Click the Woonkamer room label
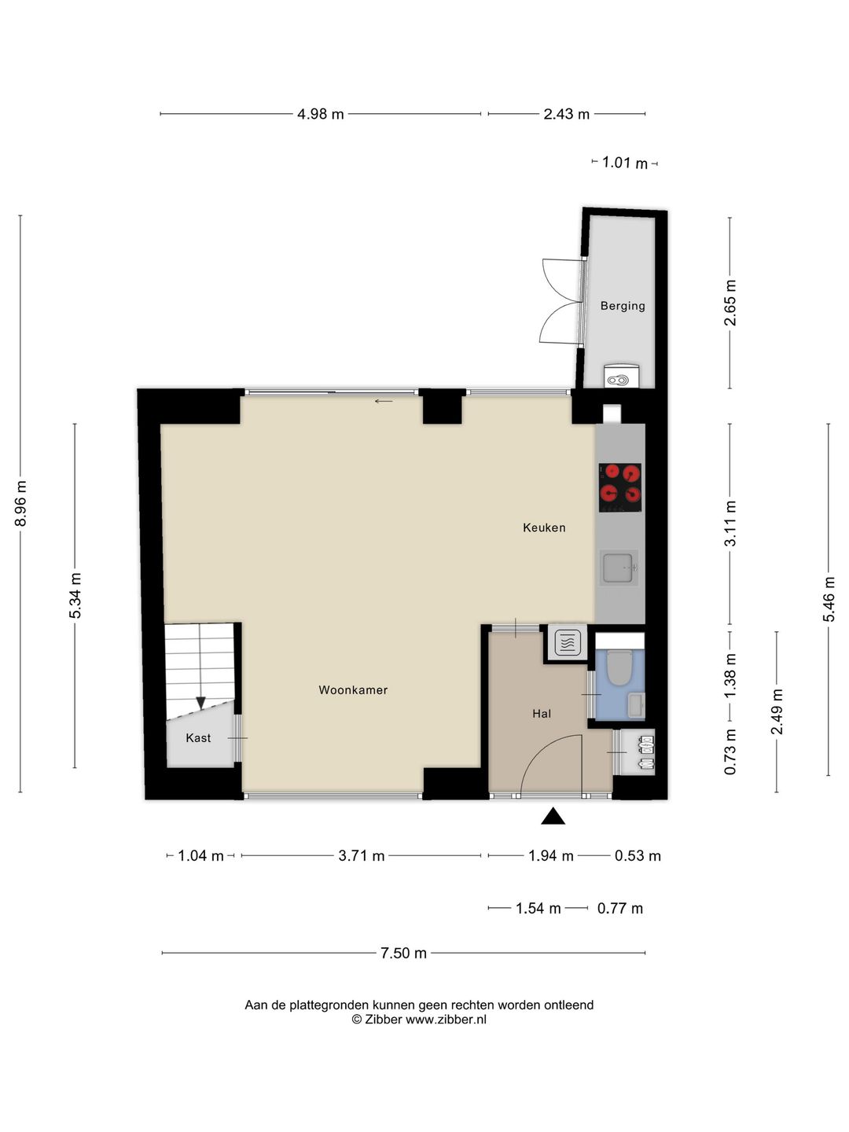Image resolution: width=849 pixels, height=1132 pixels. click(353, 690)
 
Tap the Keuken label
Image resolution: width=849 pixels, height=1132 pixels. click(544, 527)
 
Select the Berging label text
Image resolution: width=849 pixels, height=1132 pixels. click(622, 306)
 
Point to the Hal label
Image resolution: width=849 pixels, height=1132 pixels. click(542, 714)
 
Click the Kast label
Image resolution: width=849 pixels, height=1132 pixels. click(198, 738)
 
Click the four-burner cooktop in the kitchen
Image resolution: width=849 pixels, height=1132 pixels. click(619, 487)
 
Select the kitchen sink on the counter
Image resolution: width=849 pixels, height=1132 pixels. click(619, 568)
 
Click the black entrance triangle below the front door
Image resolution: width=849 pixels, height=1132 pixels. click(553, 817)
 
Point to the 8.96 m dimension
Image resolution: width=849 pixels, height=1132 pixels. click(20, 503)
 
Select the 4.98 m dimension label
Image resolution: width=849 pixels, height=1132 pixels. click(320, 114)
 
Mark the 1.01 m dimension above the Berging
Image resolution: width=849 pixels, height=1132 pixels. click(625, 163)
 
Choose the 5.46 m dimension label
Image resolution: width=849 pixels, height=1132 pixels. click(829, 599)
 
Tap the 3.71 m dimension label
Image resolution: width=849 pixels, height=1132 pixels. click(362, 856)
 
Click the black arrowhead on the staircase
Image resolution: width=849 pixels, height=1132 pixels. click(200, 703)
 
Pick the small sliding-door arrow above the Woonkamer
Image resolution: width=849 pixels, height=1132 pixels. click(384, 401)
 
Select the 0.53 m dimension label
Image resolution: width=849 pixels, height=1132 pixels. click(638, 856)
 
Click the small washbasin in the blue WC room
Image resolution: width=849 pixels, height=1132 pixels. click(636, 705)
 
